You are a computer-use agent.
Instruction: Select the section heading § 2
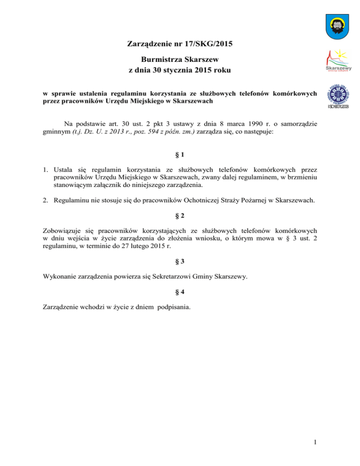[x=180, y=217]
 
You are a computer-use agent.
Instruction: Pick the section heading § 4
[x=180, y=293]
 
